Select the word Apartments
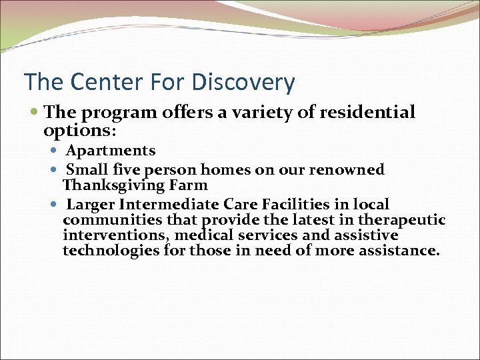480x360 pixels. point(111,151)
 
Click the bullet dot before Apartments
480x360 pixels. point(55,151)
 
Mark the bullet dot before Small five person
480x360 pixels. point(55,170)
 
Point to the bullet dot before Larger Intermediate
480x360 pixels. point(55,204)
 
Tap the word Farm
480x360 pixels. point(191,185)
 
